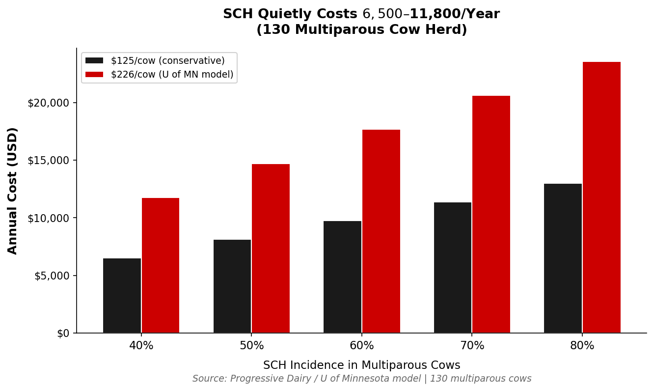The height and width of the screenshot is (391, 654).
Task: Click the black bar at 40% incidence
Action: pyautogui.click(x=122, y=296)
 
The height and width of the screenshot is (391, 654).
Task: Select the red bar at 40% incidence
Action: pyautogui.click(x=161, y=265)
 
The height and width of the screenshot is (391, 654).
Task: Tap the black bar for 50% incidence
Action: pyautogui.click(x=232, y=286)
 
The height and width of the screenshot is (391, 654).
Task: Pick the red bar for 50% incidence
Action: pyautogui.click(x=271, y=249)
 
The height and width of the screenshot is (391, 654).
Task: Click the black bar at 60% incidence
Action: pyautogui.click(x=342, y=277)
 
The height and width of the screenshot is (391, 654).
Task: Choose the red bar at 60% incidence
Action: pyautogui.click(x=381, y=231)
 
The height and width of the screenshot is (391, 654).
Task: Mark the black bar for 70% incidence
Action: pyautogui.click(x=453, y=268)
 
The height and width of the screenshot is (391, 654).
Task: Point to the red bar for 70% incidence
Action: pyautogui.click(x=491, y=214)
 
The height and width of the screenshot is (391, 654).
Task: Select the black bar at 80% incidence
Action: pyautogui.click(x=563, y=258)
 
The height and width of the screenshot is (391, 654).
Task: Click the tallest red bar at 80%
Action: pyautogui.click(x=601, y=197)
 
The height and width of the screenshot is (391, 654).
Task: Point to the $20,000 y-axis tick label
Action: pyautogui.click(x=49, y=103)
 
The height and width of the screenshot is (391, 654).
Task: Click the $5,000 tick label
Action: pyautogui.click(x=52, y=276)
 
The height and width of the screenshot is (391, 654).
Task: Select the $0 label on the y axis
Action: pyautogui.click(x=63, y=334)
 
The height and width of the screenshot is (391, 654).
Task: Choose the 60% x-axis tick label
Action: pyautogui.click(x=362, y=346)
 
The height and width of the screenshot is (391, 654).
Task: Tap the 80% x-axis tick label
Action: pyautogui.click(x=582, y=346)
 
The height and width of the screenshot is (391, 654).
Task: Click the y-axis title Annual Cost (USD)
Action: pyautogui.click(x=13, y=191)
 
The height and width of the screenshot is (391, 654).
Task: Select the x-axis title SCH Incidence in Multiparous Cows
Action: pyautogui.click(x=362, y=365)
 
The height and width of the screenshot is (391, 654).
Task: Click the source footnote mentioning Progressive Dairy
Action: pyautogui.click(x=362, y=379)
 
